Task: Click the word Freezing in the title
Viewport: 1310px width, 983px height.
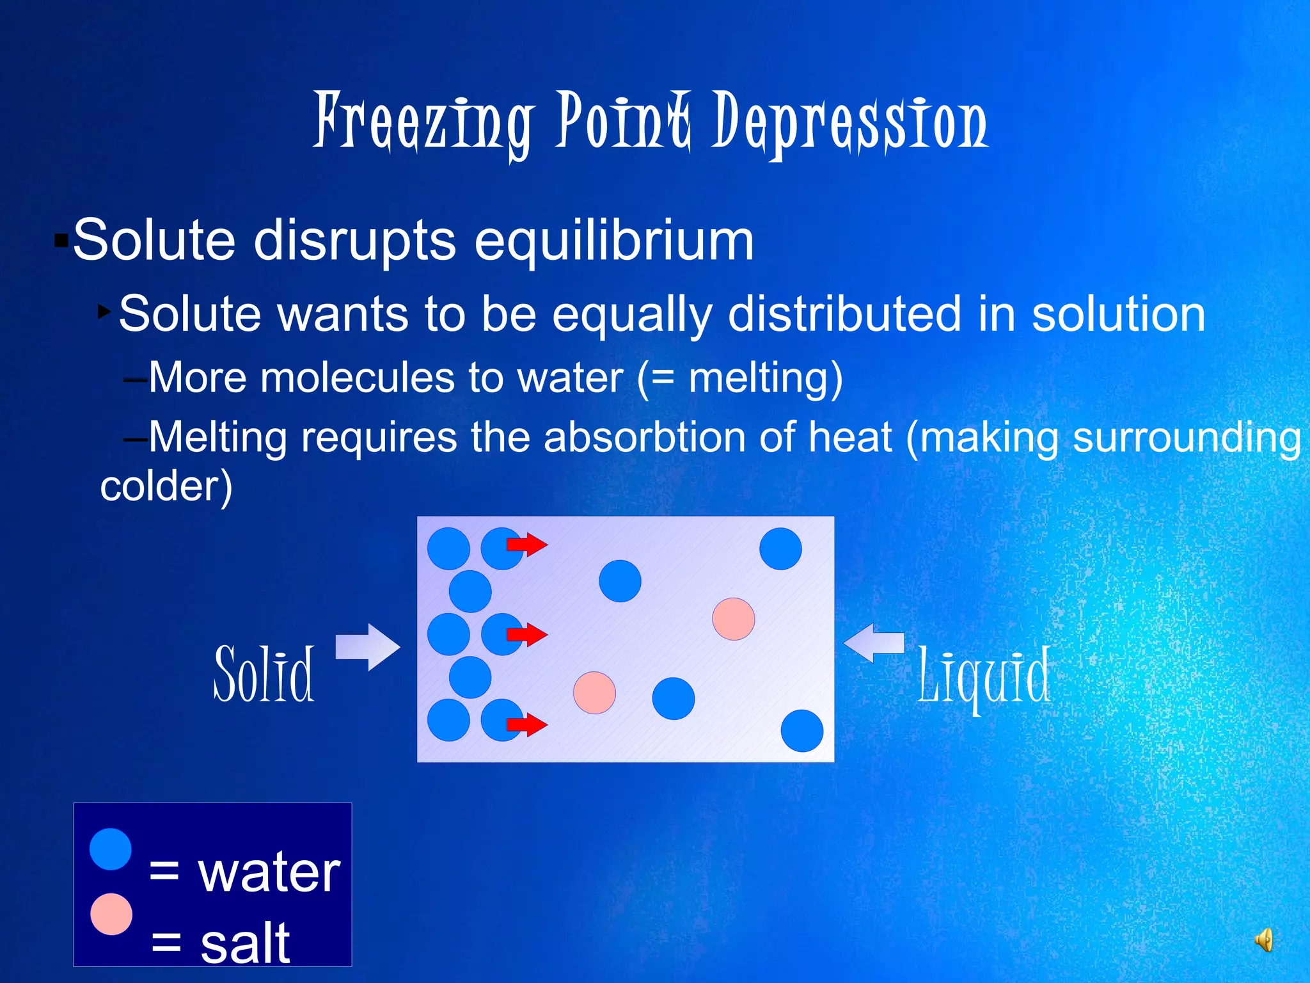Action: pos(422,122)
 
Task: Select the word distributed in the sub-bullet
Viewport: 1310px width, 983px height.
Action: pos(844,314)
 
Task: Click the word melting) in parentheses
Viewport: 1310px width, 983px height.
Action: pos(765,378)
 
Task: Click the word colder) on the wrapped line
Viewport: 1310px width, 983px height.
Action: pos(166,486)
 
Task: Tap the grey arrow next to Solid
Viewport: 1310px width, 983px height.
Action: pos(368,646)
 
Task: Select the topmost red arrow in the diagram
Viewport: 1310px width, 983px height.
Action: pos(527,545)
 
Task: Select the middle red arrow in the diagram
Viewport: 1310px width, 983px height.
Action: pos(527,635)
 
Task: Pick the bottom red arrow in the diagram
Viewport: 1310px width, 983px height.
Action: pos(527,724)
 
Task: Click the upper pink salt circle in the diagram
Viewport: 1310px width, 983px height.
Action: pos(733,619)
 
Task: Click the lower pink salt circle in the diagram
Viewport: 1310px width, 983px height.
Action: pos(594,692)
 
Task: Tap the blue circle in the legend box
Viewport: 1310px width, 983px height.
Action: pos(111,849)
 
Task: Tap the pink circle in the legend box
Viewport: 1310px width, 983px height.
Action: pos(111,914)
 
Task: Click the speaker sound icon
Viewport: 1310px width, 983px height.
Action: pos(1263,940)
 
